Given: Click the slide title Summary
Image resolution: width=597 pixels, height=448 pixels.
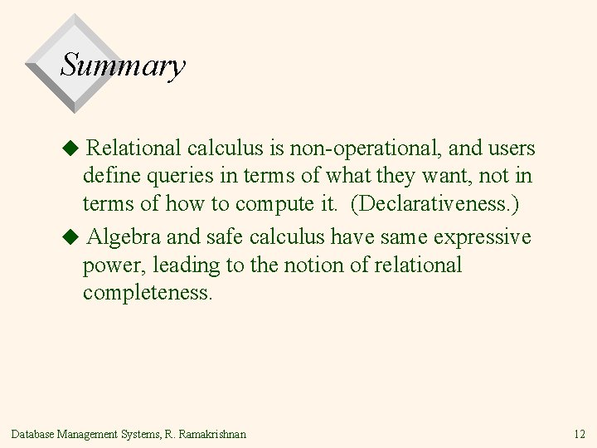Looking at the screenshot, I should point(123,66).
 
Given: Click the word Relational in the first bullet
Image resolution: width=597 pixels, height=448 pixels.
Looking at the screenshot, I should point(133,149).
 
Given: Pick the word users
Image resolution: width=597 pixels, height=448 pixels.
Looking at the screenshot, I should point(510,149).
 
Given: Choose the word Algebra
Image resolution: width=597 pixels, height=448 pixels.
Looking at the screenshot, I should point(124,237).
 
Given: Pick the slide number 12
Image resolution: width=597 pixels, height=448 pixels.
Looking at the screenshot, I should point(579,434).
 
